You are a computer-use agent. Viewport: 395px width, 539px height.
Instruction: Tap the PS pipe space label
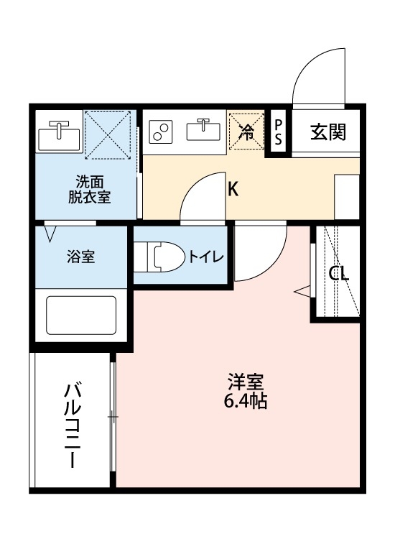click(279, 131)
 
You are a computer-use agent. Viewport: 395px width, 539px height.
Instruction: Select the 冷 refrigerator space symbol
click(246, 132)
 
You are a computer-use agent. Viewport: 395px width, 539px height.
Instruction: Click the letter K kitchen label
click(233, 189)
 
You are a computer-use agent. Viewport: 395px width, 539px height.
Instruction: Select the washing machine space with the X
click(109, 134)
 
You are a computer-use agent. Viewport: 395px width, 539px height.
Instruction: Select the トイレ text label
click(207, 257)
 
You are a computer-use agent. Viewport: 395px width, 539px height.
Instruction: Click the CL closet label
click(338, 273)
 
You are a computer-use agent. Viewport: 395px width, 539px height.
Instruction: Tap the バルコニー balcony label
click(72, 425)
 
